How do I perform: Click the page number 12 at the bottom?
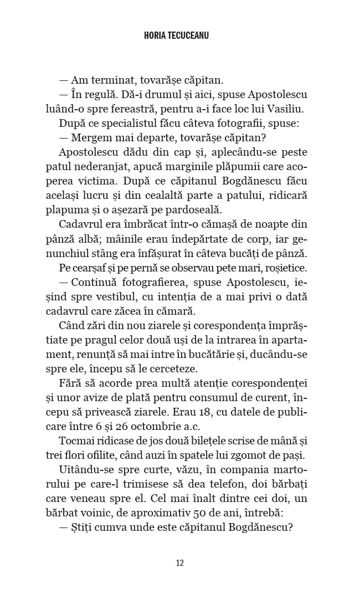click(179, 562)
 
